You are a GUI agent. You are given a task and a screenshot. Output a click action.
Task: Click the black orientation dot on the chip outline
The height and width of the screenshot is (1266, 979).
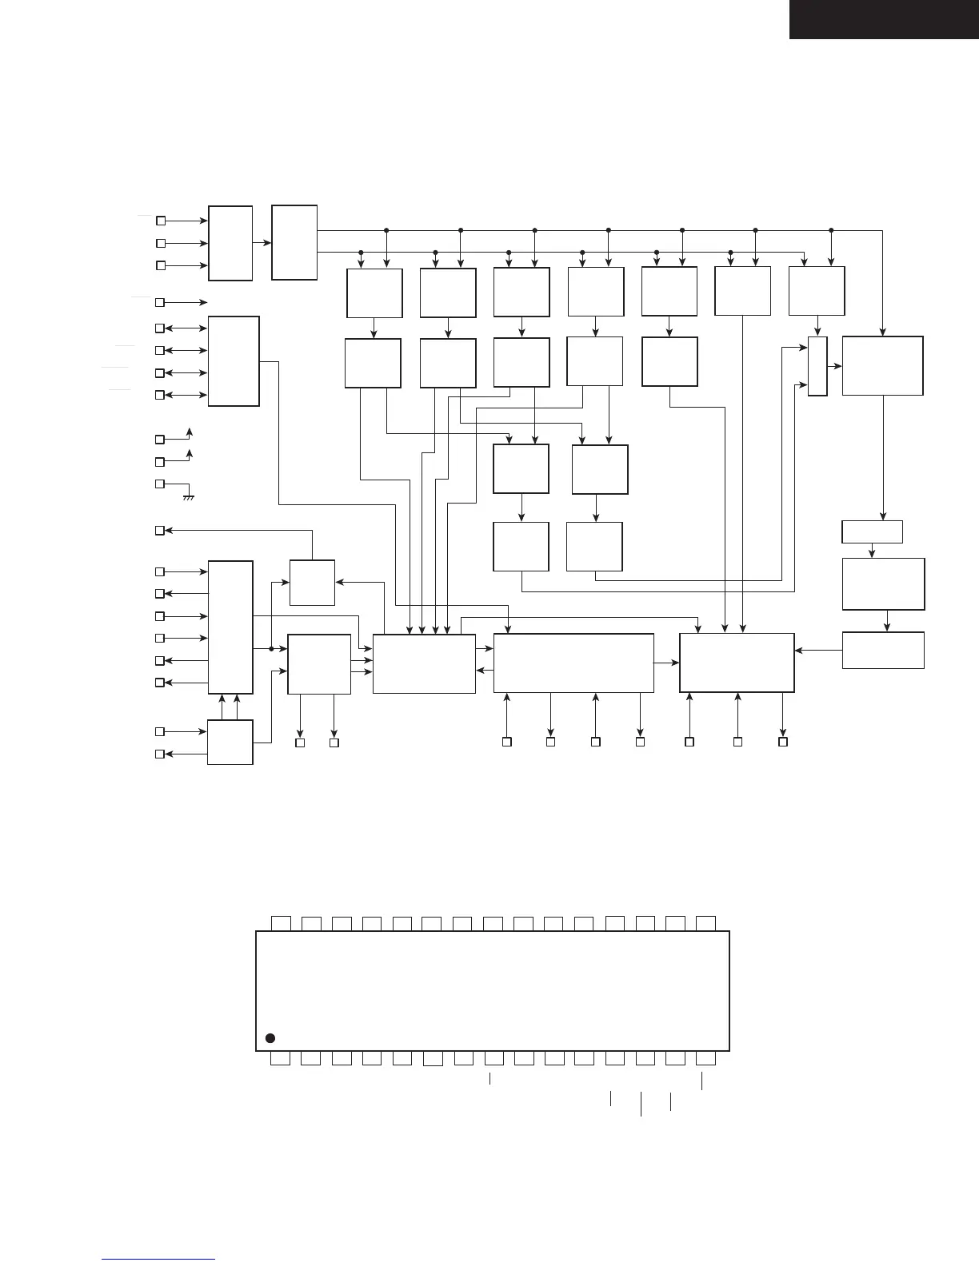coord(270,1038)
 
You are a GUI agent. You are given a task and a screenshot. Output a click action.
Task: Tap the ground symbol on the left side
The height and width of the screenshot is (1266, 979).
coord(190,497)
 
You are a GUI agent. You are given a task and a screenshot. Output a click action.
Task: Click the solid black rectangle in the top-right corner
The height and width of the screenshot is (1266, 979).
coord(884,19)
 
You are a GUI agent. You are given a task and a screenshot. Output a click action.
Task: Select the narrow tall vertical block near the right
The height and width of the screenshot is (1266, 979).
coord(817,366)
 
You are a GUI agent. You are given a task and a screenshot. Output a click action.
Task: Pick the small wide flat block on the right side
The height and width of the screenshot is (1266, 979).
coord(873,531)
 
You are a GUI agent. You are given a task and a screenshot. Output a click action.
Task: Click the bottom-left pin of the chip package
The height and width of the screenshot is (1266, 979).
coord(280,1059)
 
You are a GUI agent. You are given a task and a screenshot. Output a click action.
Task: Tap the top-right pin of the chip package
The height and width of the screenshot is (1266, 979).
coord(705,923)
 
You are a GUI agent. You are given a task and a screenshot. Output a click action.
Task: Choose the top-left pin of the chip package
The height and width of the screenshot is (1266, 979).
coord(280,923)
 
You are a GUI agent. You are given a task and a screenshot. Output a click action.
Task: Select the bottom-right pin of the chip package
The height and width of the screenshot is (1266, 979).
coord(705,1059)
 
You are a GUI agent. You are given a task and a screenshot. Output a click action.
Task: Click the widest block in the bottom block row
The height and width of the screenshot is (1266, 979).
coord(573,663)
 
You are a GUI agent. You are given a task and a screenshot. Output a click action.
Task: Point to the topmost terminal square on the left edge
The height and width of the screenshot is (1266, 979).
coord(160,220)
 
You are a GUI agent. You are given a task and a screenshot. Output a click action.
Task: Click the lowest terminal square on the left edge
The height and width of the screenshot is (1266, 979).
coord(160,754)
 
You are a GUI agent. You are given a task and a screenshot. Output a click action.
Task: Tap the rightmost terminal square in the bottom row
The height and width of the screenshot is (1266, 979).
coord(783,742)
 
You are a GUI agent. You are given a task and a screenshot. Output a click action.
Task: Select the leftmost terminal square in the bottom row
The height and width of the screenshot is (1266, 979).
coord(301,743)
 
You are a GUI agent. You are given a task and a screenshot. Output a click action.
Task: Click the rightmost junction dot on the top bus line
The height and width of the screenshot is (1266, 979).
coord(831,230)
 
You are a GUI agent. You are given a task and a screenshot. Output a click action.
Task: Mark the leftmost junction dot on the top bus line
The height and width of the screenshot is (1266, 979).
coord(386,230)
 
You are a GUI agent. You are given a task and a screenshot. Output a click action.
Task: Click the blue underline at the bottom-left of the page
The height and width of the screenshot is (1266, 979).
coord(159,1259)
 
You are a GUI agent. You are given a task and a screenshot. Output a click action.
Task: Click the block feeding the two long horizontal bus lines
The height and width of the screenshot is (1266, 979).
coord(294,243)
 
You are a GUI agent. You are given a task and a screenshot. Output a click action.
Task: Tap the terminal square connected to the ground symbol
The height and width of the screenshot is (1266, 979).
coord(160,484)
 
